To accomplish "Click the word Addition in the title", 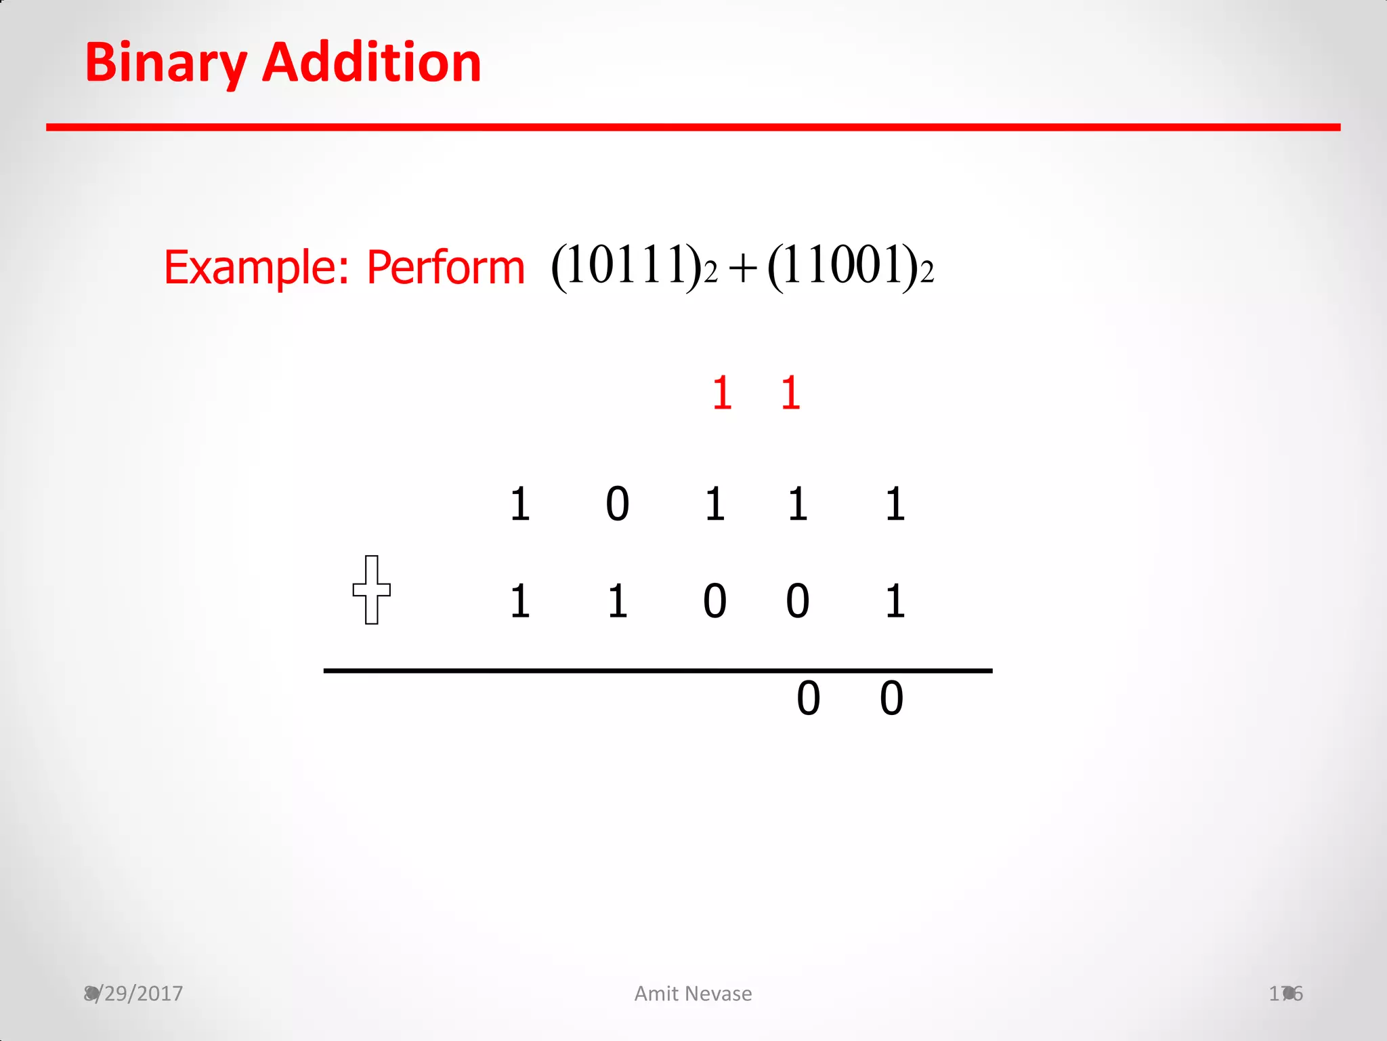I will coord(372,63).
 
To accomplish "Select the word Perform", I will coord(446,267).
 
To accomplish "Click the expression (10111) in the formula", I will coord(626,266).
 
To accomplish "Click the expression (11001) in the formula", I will coord(843,266).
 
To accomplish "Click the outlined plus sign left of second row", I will coord(371,590).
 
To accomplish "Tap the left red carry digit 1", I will coord(722,393).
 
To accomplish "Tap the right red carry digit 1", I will coord(790,393).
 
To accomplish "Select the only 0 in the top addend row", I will coord(617,504).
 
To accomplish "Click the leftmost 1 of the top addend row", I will coord(519,504).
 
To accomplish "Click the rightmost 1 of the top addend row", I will coord(895,504).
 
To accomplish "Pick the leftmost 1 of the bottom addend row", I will coord(519,601).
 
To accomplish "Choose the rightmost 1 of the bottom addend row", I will coord(895,601).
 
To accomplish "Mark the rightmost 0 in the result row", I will coord(891,699).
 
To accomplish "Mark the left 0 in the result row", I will coord(808,699).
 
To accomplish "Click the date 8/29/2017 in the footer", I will coord(133,994).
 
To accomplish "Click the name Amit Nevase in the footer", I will coord(693,994).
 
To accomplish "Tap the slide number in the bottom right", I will coord(1285,994).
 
